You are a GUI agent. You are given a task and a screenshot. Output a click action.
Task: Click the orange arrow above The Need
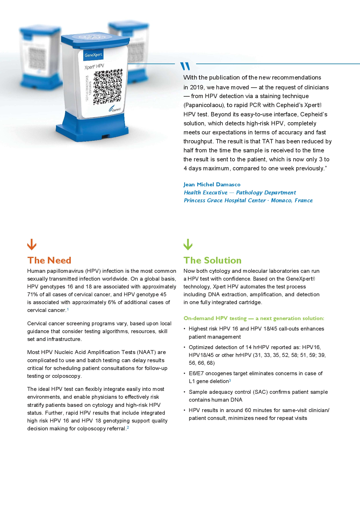coord(32,244)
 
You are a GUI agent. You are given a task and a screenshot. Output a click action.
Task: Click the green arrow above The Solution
coord(188,244)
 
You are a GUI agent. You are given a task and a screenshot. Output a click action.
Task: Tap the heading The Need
coord(49,260)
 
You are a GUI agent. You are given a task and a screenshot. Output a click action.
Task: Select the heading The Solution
coord(212,260)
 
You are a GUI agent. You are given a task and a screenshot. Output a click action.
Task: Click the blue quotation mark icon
coord(185,66)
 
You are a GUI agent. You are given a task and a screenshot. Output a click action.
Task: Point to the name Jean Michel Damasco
coord(212,185)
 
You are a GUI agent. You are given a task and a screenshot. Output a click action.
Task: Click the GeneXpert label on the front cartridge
coord(93,55)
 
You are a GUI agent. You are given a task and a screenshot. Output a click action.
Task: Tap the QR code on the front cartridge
coord(108,87)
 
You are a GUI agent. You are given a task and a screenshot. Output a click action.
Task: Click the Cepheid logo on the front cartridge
coord(115,109)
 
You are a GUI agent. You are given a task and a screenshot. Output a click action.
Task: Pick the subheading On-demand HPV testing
coord(215,318)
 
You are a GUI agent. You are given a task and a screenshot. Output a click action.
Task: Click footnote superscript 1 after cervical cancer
coord(68,309)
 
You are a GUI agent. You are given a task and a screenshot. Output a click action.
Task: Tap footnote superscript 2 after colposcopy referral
coord(128,427)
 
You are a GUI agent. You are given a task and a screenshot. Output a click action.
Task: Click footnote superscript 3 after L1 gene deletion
coord(230,380)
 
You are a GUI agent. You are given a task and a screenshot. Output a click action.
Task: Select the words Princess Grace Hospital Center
coord(225,201)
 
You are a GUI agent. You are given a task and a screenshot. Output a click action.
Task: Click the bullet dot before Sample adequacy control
coord(185,392)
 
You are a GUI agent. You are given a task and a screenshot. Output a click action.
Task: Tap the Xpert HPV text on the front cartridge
coord(94,66)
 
